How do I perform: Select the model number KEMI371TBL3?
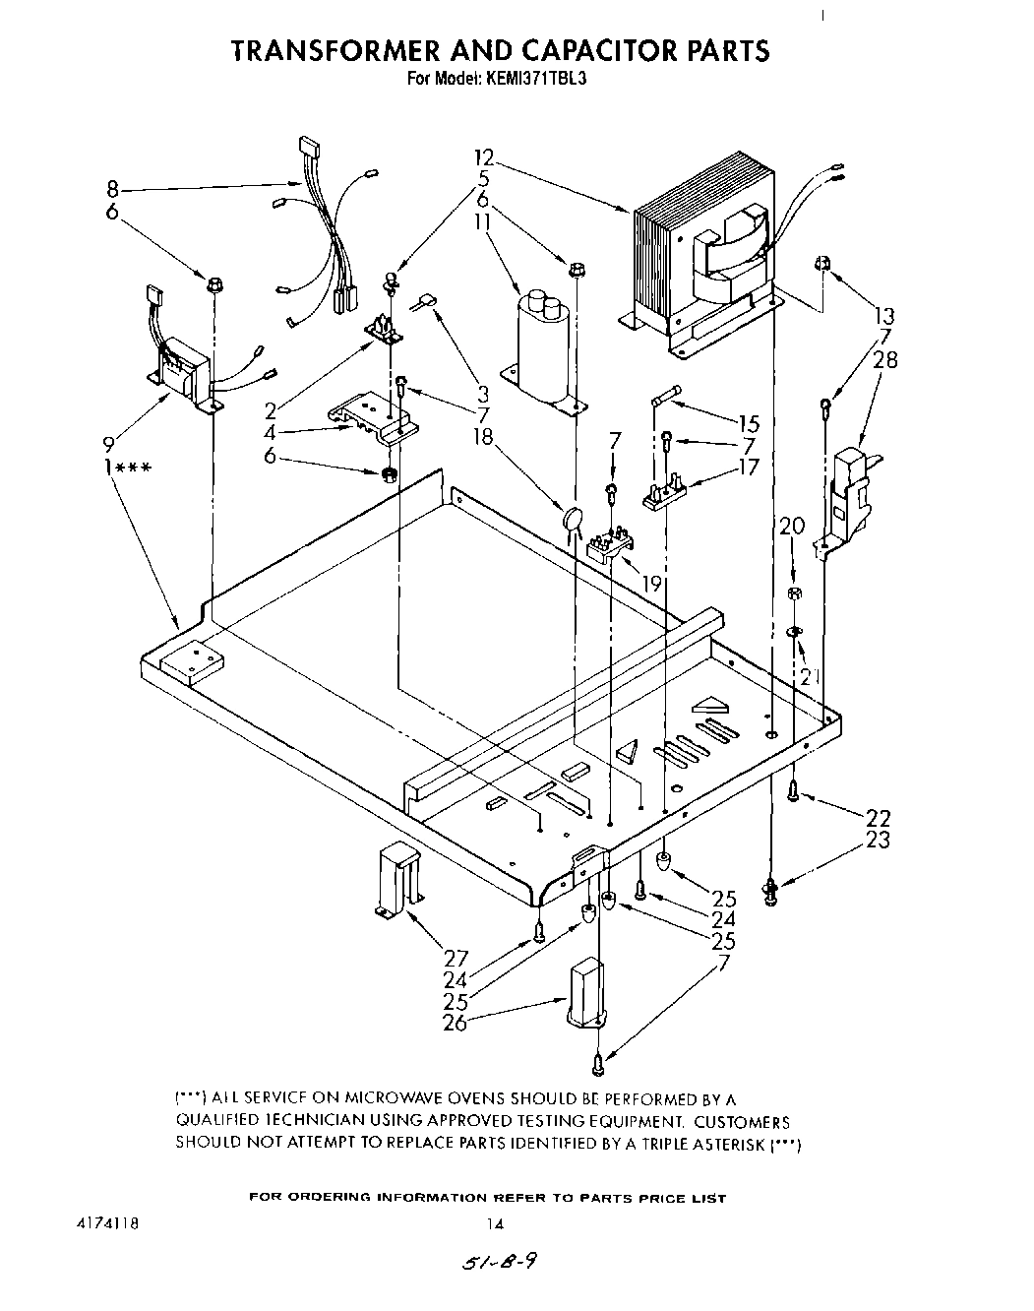click(538, 80)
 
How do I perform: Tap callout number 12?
click(483, 158)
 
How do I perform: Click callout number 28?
click(885, 359)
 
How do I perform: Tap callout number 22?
click(878, 817)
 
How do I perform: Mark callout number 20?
click(792, 528)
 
